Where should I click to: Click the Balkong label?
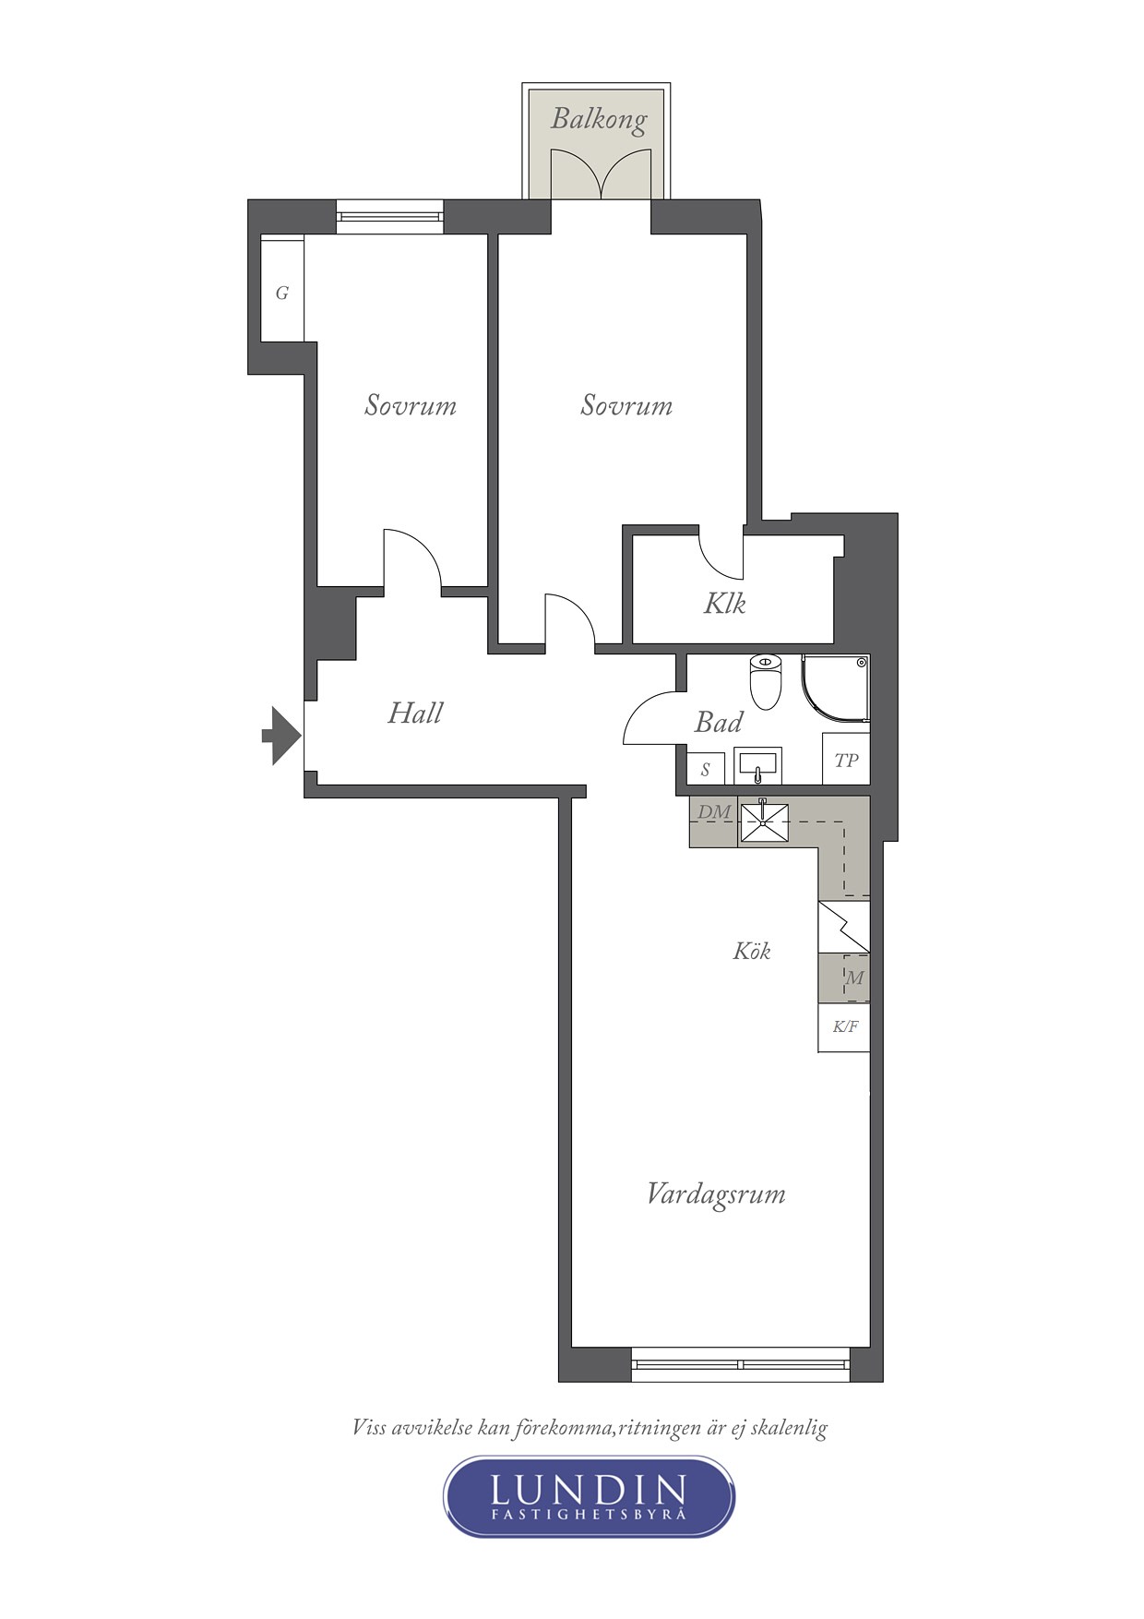[599, 119]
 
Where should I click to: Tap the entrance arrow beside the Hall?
[281, 736]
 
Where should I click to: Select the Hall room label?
[415, 713]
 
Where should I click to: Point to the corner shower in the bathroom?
[836, 688]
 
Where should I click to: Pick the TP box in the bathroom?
[846, 760]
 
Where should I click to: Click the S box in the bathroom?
[706, 769]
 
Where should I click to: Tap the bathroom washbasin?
[758, 766]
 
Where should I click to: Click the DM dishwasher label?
[714, 812]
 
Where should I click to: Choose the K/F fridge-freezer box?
[844, 1027]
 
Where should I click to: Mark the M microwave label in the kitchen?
[855, 977]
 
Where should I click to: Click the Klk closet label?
[724, 604]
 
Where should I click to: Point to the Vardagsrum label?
[716, 1194]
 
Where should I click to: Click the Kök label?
[752, 951]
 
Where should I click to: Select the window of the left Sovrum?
[389, 217]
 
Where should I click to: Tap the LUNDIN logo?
[589, 1496]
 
